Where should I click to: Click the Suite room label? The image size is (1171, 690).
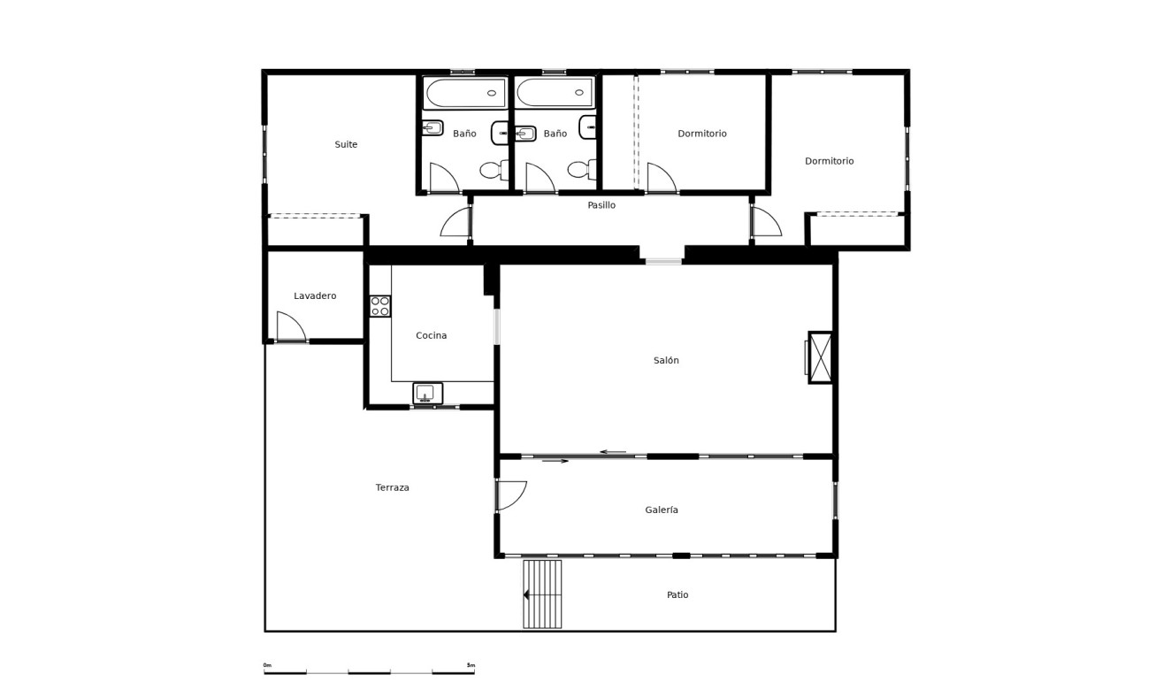click(346, 144)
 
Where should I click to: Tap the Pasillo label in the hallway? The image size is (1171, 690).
click(601, 205)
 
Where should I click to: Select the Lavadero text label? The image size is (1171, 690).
click(315, 296)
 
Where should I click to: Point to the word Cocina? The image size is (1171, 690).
click(432, 336)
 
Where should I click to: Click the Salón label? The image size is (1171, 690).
click(666, 361)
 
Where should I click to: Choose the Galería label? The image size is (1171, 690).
click(662, 510)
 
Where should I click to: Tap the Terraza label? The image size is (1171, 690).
click(392, 488)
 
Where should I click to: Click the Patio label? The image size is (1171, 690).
click(677, 595)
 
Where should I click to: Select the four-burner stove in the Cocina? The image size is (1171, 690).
click(380, 306)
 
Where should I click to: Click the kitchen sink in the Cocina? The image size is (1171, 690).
click(427, 393)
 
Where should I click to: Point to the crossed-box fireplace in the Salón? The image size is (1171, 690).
click(821, 357)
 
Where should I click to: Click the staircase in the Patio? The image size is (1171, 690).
click(542, 594)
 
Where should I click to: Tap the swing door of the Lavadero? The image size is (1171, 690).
click(290, 327)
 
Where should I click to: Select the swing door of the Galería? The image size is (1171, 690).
click(511, 495)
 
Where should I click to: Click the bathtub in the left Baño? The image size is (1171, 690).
click(464, 93)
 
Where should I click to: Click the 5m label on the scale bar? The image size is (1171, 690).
click(471, 665)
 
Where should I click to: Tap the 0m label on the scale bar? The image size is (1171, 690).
click(267, 665)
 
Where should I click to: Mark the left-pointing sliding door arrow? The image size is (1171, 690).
click(612, 452)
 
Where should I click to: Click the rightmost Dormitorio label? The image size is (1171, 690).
click(829, 161)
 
